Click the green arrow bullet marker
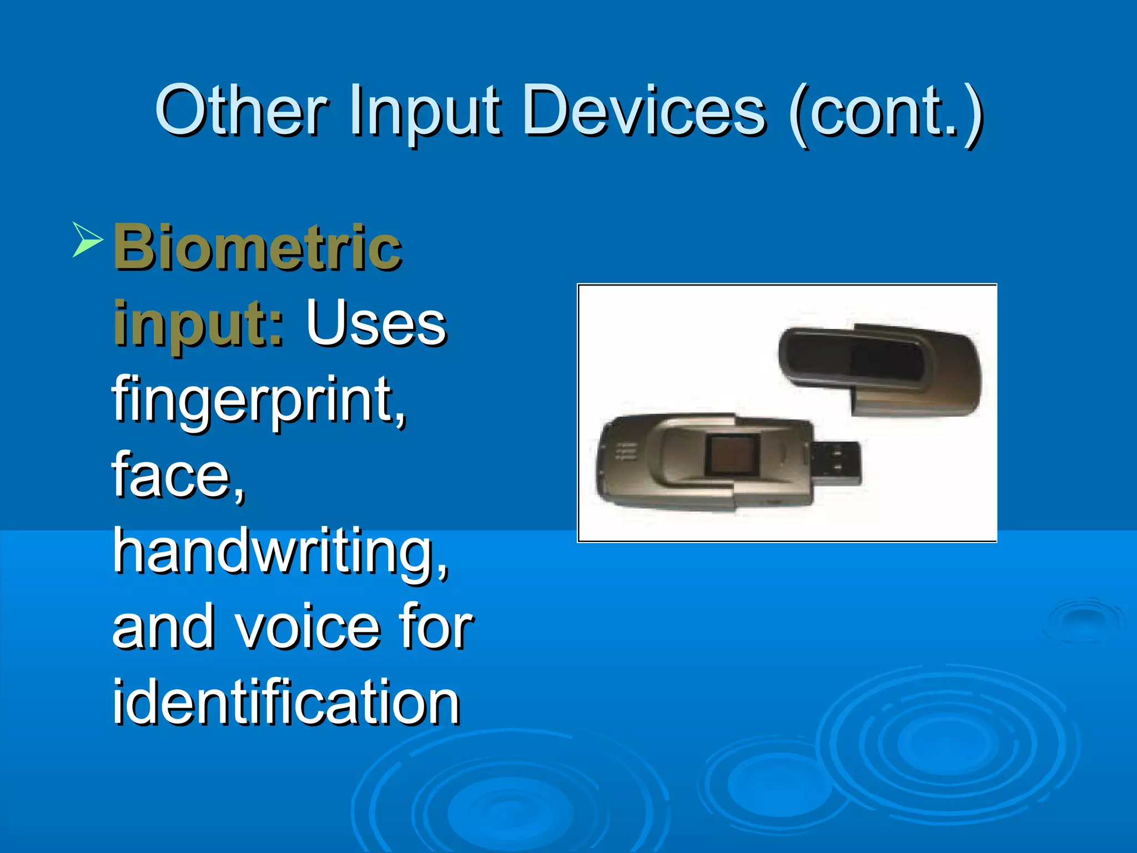pyautogui.click(x=87, y=239)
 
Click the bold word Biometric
pyautogui.click(x=257, y=247)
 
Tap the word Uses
pyautogui.click(x=376, y=323)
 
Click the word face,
pyautogui.click(x=178, y=475)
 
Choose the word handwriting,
pyautogui.click(x=280, y=553)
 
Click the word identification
pyautogui.click(x=286, y=703)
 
